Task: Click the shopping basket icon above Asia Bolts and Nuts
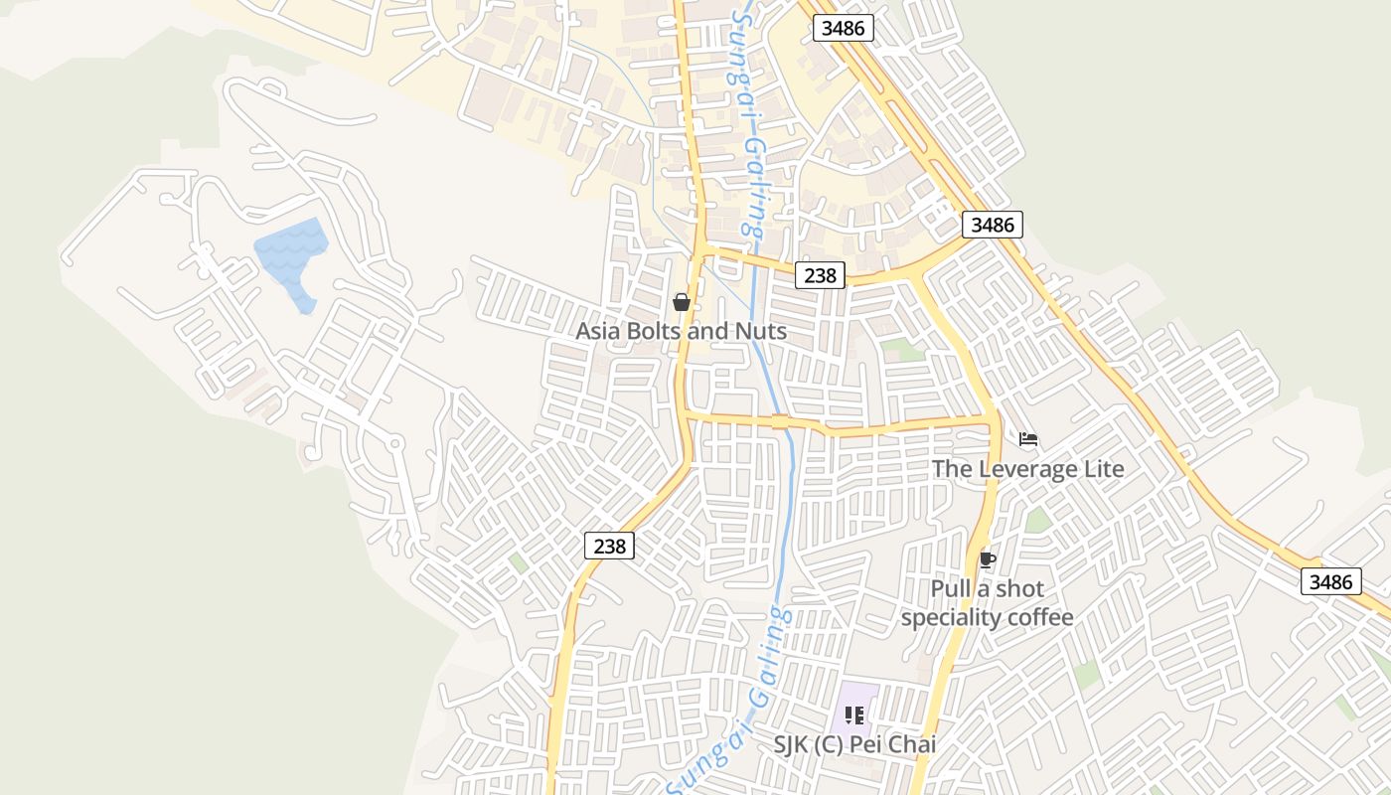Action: (x=682, y=301)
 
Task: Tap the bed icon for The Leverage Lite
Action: (x=1028, y=438)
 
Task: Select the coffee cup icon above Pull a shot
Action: (x=987, y=559)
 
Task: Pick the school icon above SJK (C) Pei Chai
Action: (x=853, y=715)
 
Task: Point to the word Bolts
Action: (x=668, y=331)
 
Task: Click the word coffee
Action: (x=1038, y=618)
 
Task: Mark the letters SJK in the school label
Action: (x=794, y=743)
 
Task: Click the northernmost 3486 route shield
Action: (x=844, y=28)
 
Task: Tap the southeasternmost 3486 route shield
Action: (x=1330, y=581)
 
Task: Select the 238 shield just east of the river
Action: (x=820, y=275)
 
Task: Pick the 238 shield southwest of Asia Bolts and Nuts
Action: (x=609, y=546)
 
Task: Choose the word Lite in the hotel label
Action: (x=1103, y=469)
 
